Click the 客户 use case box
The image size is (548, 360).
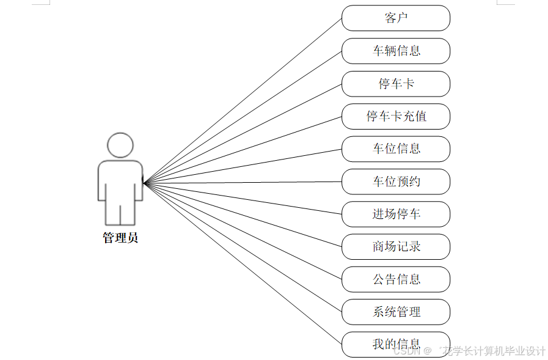click(396, 18)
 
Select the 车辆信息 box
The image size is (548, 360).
click(396, 51)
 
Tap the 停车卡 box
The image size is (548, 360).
click(396, 84)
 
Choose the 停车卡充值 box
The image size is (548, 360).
click(396, 116)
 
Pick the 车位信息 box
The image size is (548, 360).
click(396, 149)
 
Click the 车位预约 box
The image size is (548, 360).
click(396, 182)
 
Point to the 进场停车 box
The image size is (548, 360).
click(396, 214)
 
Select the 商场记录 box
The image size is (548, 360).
click(396, 246)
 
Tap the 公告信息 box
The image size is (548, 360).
click(396, 279)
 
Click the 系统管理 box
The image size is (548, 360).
click(396, 312)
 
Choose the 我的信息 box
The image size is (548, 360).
click(396, 344)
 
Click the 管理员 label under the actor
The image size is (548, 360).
click(120, 238)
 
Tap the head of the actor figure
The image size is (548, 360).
click(120, 145)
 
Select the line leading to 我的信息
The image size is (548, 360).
click(244, 264)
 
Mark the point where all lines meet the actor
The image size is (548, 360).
click(144, 182)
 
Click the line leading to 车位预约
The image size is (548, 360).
click(244, 182)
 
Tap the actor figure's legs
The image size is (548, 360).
click(120, 214)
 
